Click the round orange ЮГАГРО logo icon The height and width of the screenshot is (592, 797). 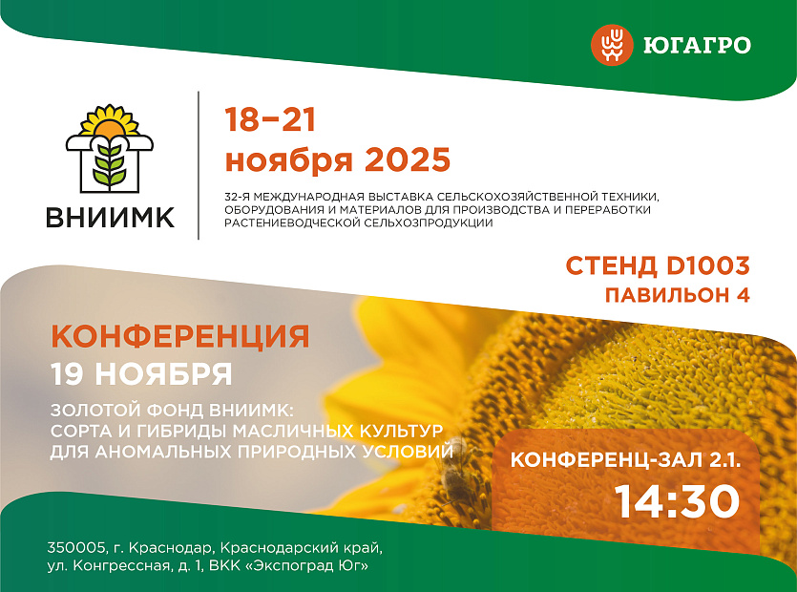click(612, 45)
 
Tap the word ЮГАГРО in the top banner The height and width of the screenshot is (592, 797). click(697, 45)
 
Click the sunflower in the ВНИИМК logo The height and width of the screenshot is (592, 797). click(109, 121)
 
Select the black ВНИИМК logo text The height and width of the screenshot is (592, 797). click(111, 217)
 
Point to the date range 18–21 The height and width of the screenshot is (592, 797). click(270, 119)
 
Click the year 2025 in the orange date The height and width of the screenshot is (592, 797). click(408, 159)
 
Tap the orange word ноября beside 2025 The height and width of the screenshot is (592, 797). click(288, 161)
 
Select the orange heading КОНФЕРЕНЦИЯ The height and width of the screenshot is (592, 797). click(180, 336)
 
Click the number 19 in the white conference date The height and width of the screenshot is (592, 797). click(68, 373)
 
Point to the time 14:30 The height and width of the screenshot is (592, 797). click(677, 501)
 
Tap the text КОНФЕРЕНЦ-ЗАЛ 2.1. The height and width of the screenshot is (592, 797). click(626, 460)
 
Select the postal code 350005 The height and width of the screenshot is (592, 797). click(76, 548)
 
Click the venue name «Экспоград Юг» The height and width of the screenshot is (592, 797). click(306, 565)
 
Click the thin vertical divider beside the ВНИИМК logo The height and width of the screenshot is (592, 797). click(199, 165)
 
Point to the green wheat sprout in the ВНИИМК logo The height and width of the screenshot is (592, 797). click(109, 164)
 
